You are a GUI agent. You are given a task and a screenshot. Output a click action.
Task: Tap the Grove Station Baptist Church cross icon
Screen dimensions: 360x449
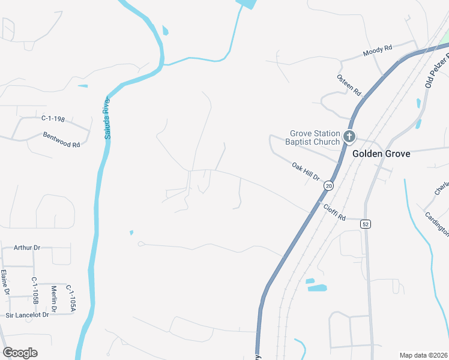349,137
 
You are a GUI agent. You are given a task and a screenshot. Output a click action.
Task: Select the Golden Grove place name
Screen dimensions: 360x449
381,154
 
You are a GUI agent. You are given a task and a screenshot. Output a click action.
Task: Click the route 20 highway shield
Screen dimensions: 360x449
328,186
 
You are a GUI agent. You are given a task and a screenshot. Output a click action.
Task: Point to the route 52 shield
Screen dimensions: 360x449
365,224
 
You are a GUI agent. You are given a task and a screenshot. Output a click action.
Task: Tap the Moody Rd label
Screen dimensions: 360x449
377,50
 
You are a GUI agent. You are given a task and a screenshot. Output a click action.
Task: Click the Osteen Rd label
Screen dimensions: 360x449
349,85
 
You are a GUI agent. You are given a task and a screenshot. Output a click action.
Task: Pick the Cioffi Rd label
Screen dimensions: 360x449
335,211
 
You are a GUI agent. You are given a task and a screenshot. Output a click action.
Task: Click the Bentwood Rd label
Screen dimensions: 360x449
61,140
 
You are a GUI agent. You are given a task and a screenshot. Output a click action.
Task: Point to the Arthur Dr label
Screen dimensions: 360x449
26,247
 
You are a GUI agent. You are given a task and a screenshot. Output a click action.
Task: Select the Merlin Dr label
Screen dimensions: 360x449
53,298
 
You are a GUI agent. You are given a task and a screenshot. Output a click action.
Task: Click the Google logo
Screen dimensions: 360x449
20,353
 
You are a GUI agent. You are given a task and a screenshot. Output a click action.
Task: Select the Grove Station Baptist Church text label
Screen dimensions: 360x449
315,137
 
